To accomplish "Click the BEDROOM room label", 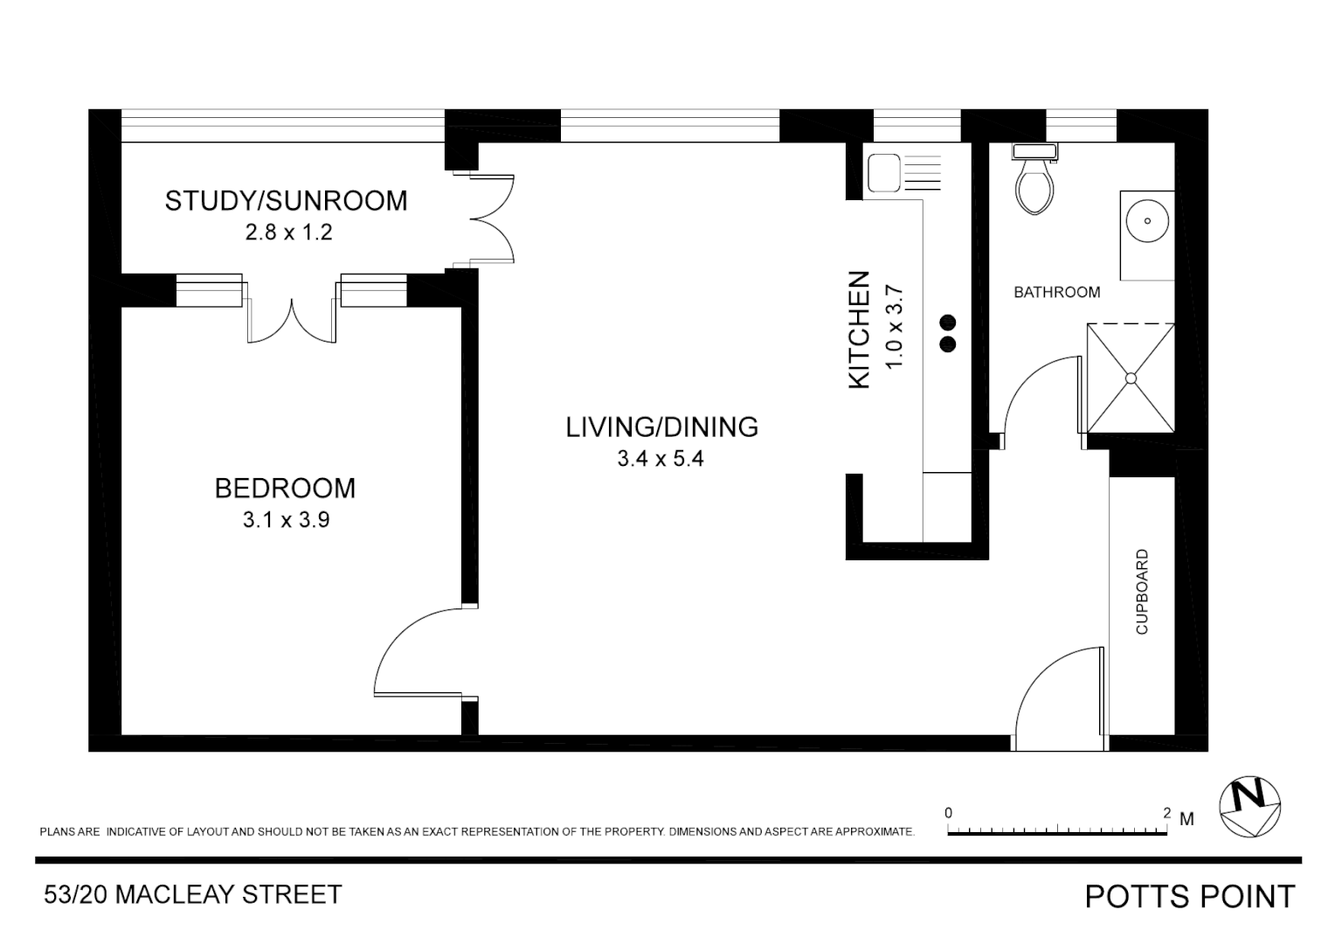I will click(x=285, y=488).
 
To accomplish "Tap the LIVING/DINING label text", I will click(x=661, y=427).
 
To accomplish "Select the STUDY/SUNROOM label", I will click(x=286, y=201).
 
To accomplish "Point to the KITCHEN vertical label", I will click(x=860, y=330).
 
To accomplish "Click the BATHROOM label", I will click(x=1056, y=292).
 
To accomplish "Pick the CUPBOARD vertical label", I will click(x=1142, y=592).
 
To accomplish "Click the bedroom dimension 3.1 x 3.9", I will click(x=286, y=520).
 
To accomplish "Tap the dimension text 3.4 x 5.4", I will click(x=661, y=458).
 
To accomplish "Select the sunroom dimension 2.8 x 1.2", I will click(x=288, y=233).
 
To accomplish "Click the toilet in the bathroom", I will click(x=1035, y=182).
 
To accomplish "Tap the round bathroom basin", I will click(x=1146, y=222).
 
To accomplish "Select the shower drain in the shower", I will click(x=1131, y=378).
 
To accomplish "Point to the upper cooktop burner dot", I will click(x=948, y=322).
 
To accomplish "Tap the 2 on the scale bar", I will click(x=1166, y=813).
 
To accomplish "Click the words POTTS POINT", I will click(x=1189, y=897).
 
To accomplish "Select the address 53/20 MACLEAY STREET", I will click(x=193, y=895).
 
